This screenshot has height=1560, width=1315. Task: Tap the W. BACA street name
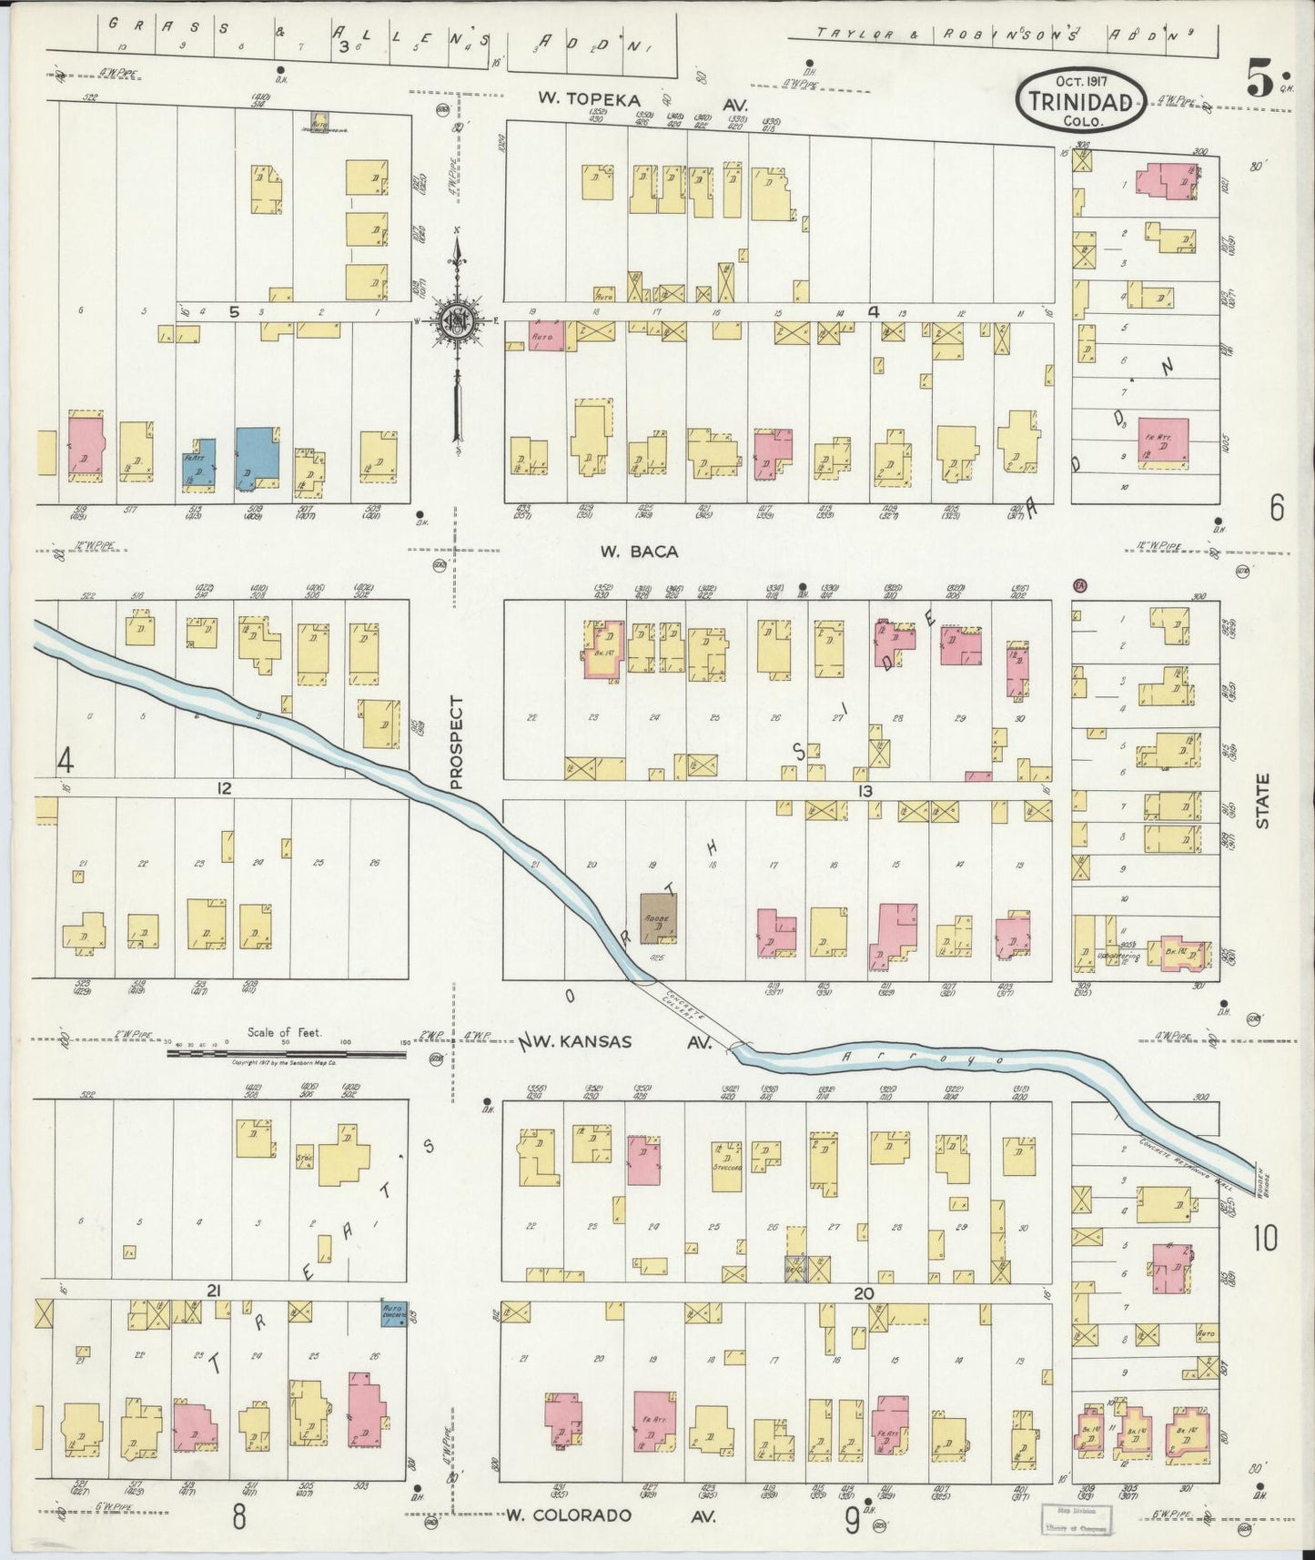point(627,552)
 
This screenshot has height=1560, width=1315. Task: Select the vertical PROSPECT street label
point(457,742)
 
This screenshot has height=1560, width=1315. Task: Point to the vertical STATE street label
point(1263,800)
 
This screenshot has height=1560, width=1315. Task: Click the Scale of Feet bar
point(288,1052)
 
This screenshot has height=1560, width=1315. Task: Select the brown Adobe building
point(657,919)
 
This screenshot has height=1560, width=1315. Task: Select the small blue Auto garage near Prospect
point(394,1313)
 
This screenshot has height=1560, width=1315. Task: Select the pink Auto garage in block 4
point(547,336)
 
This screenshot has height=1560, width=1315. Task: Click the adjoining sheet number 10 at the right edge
point(1265,1239)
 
